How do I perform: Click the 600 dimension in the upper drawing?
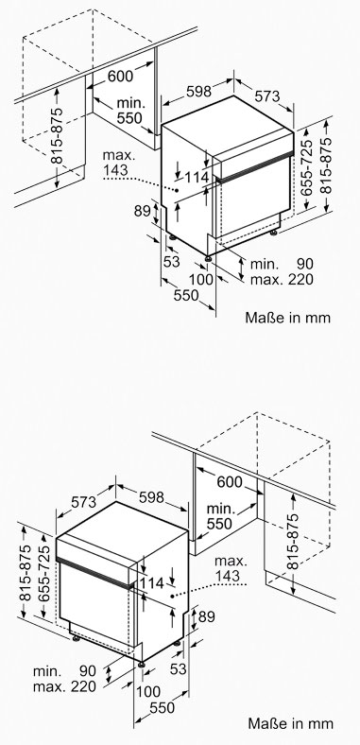tap(121, 76)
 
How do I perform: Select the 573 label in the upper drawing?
tap(266, 96)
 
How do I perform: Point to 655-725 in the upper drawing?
tap(307, 167)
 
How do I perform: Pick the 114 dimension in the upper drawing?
tap(197, 177)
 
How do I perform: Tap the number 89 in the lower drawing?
tap(207, 616)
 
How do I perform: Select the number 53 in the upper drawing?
tap(172, 261)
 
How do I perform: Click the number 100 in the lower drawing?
tap(148, 691)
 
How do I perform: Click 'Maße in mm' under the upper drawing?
tap(287, 318)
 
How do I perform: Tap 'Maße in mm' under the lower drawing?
tap(290, 723)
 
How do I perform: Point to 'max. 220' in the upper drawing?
tap(282, 280)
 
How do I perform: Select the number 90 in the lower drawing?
tap(87, 671)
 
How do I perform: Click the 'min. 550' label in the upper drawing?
tap(129, 111)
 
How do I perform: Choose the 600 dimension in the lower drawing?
tap(230, 482)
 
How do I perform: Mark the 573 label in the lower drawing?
tap(83, 502)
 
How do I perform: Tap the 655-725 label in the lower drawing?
tap(43, 574)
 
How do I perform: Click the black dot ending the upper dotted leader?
tap(176, 190)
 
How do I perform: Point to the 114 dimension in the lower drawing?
tap(152, 583)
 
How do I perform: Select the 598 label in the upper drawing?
tap(198, 92)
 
